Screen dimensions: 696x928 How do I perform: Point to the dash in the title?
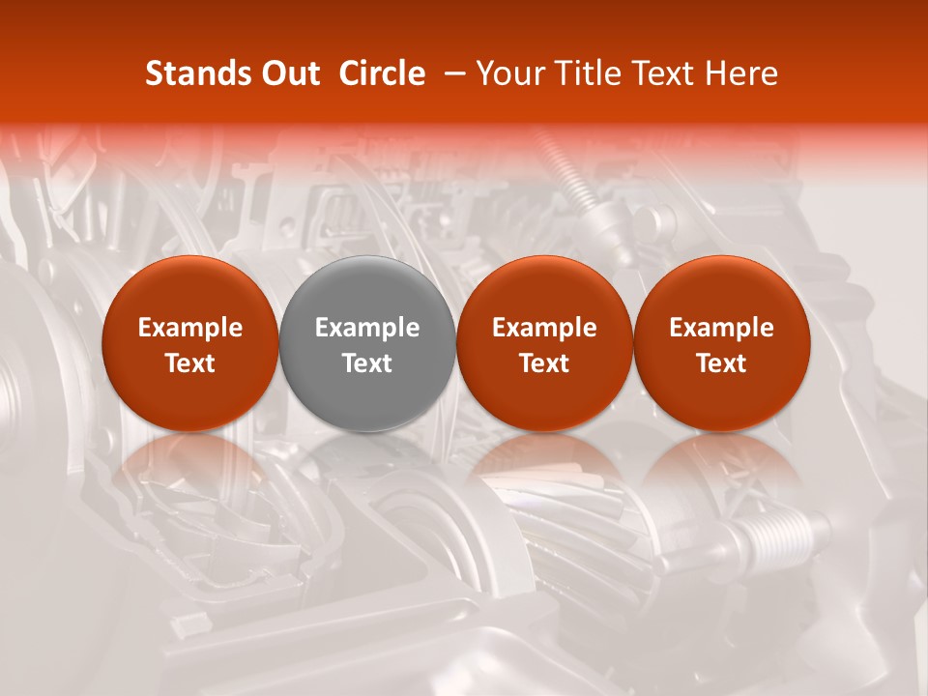(x=450, y=74)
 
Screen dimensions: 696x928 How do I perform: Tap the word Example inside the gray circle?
(x=367, y=328)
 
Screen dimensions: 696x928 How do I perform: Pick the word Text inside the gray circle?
(x=367, y=363)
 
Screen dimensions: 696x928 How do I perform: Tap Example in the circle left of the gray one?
(x=190, y=328)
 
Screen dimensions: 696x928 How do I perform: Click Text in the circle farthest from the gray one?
(x=722, y=363)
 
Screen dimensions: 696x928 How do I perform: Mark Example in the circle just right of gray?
(x=544, y=328)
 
